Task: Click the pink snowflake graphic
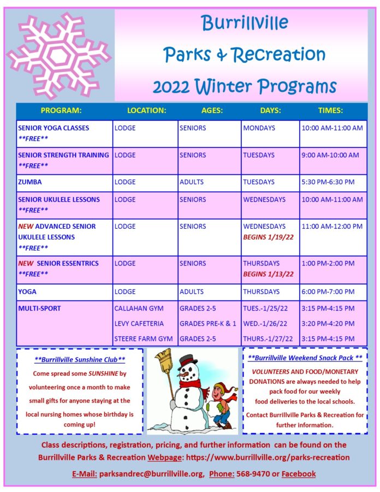(59, 56)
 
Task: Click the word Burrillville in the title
(245, 23)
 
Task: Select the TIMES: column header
(330, 110)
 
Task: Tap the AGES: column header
(212, 110)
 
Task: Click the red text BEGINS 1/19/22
(268, 237)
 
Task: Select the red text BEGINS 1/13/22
(268, 274)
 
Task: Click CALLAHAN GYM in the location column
(139, 309)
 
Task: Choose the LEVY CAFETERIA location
(139, 323)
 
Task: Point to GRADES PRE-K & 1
(207, 323)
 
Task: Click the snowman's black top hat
(188, 362)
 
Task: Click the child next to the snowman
(222, 405)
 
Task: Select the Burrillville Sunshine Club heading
(80, 360)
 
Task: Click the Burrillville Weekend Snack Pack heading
(305, 358)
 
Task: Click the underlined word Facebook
(299, 474)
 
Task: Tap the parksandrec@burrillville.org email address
(152, 474)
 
